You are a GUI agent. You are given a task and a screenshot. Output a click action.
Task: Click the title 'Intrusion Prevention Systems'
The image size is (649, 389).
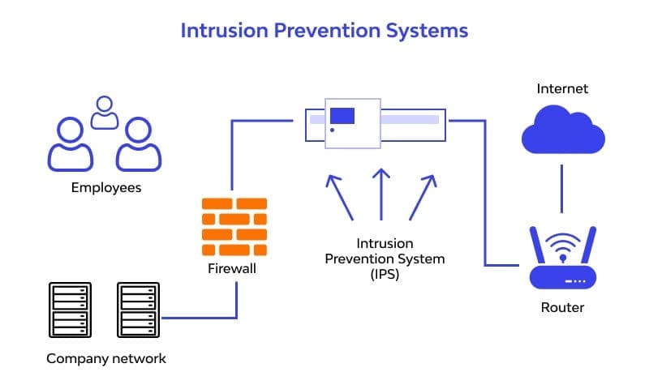pyautogui.click(x=324, y=31)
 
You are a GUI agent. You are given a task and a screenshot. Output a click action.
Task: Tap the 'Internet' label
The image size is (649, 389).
pyautogui.click(x=562, y=88)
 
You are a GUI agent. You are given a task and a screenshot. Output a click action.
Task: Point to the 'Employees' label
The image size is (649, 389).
pyautogui.click(x=105, y=188)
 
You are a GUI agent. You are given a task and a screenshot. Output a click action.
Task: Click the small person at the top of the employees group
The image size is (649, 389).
pyautogui.click(x=104, y=113)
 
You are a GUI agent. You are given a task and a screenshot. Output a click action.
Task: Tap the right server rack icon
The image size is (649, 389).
pyautogui.click(x=135, y=310)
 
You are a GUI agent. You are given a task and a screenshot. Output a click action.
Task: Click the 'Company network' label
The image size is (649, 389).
pyautogui.click(x=105, y=358)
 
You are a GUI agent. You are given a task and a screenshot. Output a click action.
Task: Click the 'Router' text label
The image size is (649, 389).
pyautogui.click(x=562, y=308)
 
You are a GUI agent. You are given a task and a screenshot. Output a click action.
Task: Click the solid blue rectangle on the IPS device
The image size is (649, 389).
pyautogui.click(x=342, y=115)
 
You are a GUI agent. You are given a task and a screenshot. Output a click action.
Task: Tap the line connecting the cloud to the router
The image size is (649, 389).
pyautogui.click(x=562, y=190)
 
